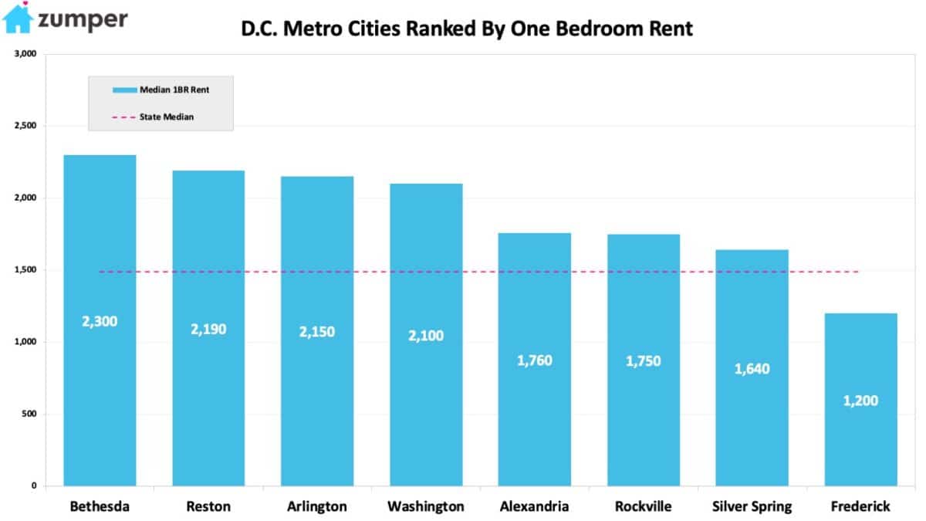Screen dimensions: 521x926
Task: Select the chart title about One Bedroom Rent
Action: coord(467,29)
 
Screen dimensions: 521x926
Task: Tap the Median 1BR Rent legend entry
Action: coord(161,90)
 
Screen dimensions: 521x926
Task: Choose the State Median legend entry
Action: coord(154,117)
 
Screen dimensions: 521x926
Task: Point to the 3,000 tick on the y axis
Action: coord(25,54)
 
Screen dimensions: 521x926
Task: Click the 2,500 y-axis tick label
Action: coord(25,126)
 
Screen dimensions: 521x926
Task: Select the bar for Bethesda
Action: coord(100,232)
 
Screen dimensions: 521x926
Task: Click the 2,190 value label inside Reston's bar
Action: coord(208,329)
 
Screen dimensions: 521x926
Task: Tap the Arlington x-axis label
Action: coord(317,507)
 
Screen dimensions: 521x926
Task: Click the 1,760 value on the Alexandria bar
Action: coord(535,360)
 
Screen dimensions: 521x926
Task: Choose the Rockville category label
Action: coord(643,507)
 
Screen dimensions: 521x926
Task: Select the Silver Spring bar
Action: coord(752,309)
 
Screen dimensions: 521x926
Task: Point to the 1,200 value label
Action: coord(860,401)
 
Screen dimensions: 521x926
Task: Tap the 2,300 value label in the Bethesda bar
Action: coord(100,321)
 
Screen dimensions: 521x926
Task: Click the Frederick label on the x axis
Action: coord(860,507)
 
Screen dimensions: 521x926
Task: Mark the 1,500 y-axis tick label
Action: coord(25,270)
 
